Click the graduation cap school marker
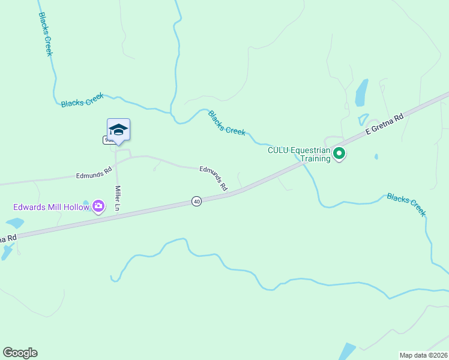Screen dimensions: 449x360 (118, 130)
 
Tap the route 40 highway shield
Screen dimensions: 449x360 (196, 202)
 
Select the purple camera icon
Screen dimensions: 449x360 (98, 207)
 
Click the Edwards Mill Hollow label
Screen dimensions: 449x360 (52, 208)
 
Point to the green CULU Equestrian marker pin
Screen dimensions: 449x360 (339, 154)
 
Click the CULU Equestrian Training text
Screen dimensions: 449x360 (299, 155)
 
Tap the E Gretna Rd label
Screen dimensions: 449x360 (390, 123)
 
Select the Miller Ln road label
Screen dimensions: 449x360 (118, 198)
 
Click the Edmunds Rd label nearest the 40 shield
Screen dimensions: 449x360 (214, 179)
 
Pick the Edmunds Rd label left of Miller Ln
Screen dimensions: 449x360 (94, 173)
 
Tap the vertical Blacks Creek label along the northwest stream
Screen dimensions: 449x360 (45, 34)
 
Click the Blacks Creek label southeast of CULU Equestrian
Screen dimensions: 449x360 (406, 204)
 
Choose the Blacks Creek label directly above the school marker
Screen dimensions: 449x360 (82, 100)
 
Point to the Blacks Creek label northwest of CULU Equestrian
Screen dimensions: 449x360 (226, 123)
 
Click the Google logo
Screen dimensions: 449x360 (20, 353)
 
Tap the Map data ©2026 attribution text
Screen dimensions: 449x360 (423, 355)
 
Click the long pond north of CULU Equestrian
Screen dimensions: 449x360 (361, 93)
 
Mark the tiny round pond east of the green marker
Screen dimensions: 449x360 (376, 157)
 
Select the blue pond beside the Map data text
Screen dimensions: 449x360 (348, 352)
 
